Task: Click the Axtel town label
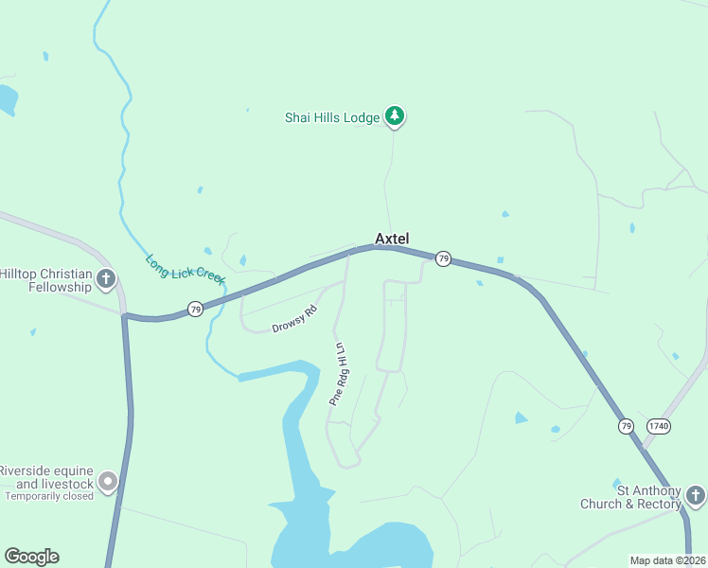pyautogui.click(x=392, y=239)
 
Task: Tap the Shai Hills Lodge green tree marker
pyautogui.click(x=395, y=116)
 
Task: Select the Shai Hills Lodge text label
pyautogui.click(x=332, y=117)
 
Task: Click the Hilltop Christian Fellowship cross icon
pyautogui.click(x=106, y=279)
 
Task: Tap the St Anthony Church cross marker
pyautogui.click(x=695, y=495)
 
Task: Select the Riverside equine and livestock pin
pyautogui.click(x=107, y=482)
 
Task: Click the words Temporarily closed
pyautogui.click(x=49, y=496)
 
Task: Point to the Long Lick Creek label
pyautogui.click(x=185, y=270)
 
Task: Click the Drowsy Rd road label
pyautogui.click(x=293, y=319)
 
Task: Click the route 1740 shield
pyautogui.click(x=658, y=426)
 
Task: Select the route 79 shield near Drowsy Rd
pyautogui.click(x=194, y=310)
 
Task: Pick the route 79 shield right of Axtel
pyautogui.click(x=443, y=258)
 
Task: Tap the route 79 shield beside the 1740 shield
pyautogui.click(x=626, y=426)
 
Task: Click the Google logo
pyautogui.click(x=31, y=557)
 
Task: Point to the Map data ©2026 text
pyautogui.click(x=667, y=560)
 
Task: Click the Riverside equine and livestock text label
pyautogui.click(x=47, y=476)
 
